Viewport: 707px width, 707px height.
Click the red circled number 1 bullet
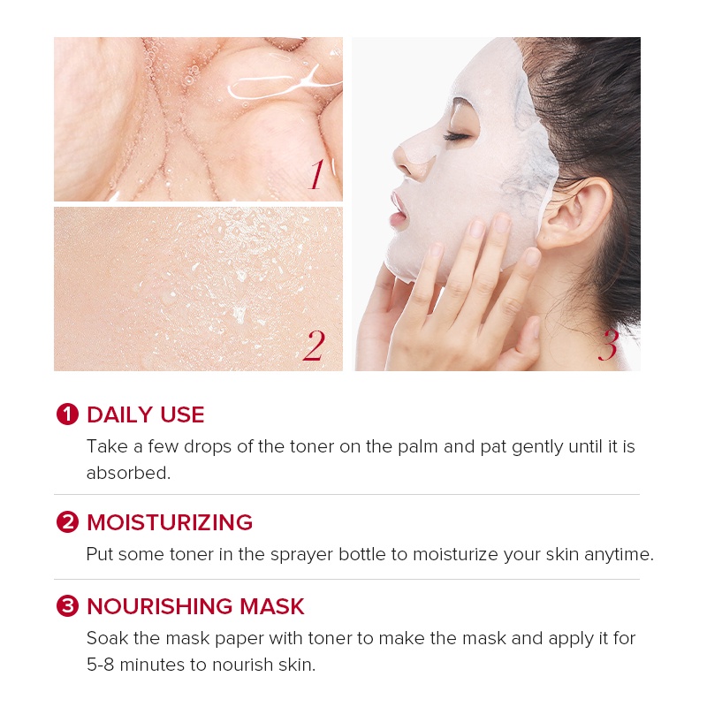pyautogui.click(x=67, y=414)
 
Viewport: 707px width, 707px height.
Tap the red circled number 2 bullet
pyautogui.click(x=67, y=522)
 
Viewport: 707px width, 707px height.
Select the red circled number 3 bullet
pyautogui.click(x=67, y=606)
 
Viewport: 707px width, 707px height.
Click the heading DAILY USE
pyautogui.click(x=146, y=414)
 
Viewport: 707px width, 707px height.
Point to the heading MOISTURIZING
pyautogui.click(x=170, y=522)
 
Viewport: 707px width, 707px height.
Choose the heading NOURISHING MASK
pyautogui.click(x=195, y=606)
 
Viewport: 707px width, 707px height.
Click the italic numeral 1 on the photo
pyautogui.click(x=316, y=175)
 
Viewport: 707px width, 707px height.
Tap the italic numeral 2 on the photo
pyautogui.click(x=314, y=346)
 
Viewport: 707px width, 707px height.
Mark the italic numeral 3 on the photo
pyautogui.click(x=608, y=346)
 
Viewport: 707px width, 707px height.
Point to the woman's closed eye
pyautogui.click(x=458, y=135)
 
